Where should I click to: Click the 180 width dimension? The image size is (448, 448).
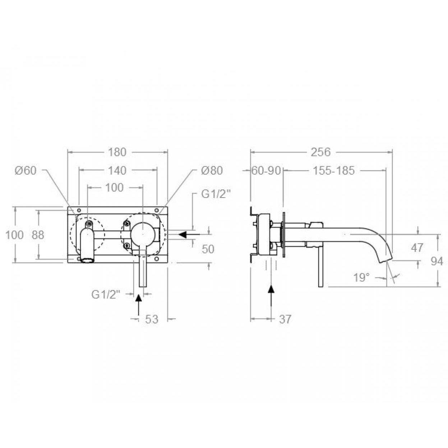pyautogui.click(x=117, y=152)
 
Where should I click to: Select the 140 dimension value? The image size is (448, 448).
pyautogui.click(x=117, y=171)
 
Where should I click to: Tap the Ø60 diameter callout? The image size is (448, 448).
pyautogui.click(x=26, y=171)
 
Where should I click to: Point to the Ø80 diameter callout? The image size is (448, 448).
pyautogui.click(x=212, y=171)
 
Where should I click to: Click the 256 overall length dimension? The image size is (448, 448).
pyautogui.click(x=321, y=152)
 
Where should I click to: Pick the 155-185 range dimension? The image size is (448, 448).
pyautogui.click(x=334, y=171)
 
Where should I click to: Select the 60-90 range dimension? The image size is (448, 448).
pyautogui.click(x=266, y=171)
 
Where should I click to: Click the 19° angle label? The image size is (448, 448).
pyautogui.click(x=361, y=277)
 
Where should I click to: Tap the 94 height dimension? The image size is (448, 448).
pyautogui.click(x=437, y=262)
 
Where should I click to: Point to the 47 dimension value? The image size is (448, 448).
pyautogui.click(x=417, y=248)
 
